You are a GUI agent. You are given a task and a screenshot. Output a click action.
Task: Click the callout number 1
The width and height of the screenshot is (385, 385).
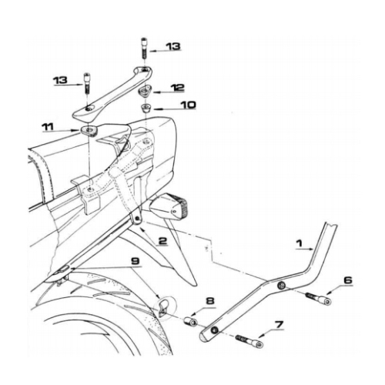point(300,243)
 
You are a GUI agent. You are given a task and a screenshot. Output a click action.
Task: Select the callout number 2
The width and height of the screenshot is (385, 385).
point(162,241)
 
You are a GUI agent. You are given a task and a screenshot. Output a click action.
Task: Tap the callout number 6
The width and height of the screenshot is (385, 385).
point(348,280)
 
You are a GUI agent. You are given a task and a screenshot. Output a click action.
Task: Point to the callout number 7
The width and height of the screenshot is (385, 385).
point(279,325)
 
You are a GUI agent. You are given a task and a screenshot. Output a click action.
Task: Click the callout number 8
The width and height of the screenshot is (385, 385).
point(210,300)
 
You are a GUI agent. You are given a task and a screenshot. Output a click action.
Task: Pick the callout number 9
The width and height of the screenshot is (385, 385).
point(135,261)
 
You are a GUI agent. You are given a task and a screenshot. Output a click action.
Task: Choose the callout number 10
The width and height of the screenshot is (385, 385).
point(188,105)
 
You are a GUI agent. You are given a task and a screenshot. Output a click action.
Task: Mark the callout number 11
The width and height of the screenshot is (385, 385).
point(48,127)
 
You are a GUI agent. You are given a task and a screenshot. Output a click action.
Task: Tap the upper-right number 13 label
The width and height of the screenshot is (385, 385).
point(172,46)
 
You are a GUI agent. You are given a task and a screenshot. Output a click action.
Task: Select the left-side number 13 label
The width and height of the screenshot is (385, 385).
point(61,80)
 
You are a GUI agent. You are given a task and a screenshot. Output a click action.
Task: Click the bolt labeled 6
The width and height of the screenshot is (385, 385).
point(317,299)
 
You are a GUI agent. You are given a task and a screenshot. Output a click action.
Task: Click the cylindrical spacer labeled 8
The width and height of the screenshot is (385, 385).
point(191,321)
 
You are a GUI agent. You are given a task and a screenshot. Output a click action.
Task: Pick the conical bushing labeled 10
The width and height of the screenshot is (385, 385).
point(146,109)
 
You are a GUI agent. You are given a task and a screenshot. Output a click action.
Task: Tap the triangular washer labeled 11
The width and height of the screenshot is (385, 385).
point(88,131)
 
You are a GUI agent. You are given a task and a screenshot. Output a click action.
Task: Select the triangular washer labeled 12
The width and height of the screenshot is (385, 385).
point(145,92)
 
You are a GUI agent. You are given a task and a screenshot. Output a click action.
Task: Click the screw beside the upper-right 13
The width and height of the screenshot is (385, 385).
point(143,49)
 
